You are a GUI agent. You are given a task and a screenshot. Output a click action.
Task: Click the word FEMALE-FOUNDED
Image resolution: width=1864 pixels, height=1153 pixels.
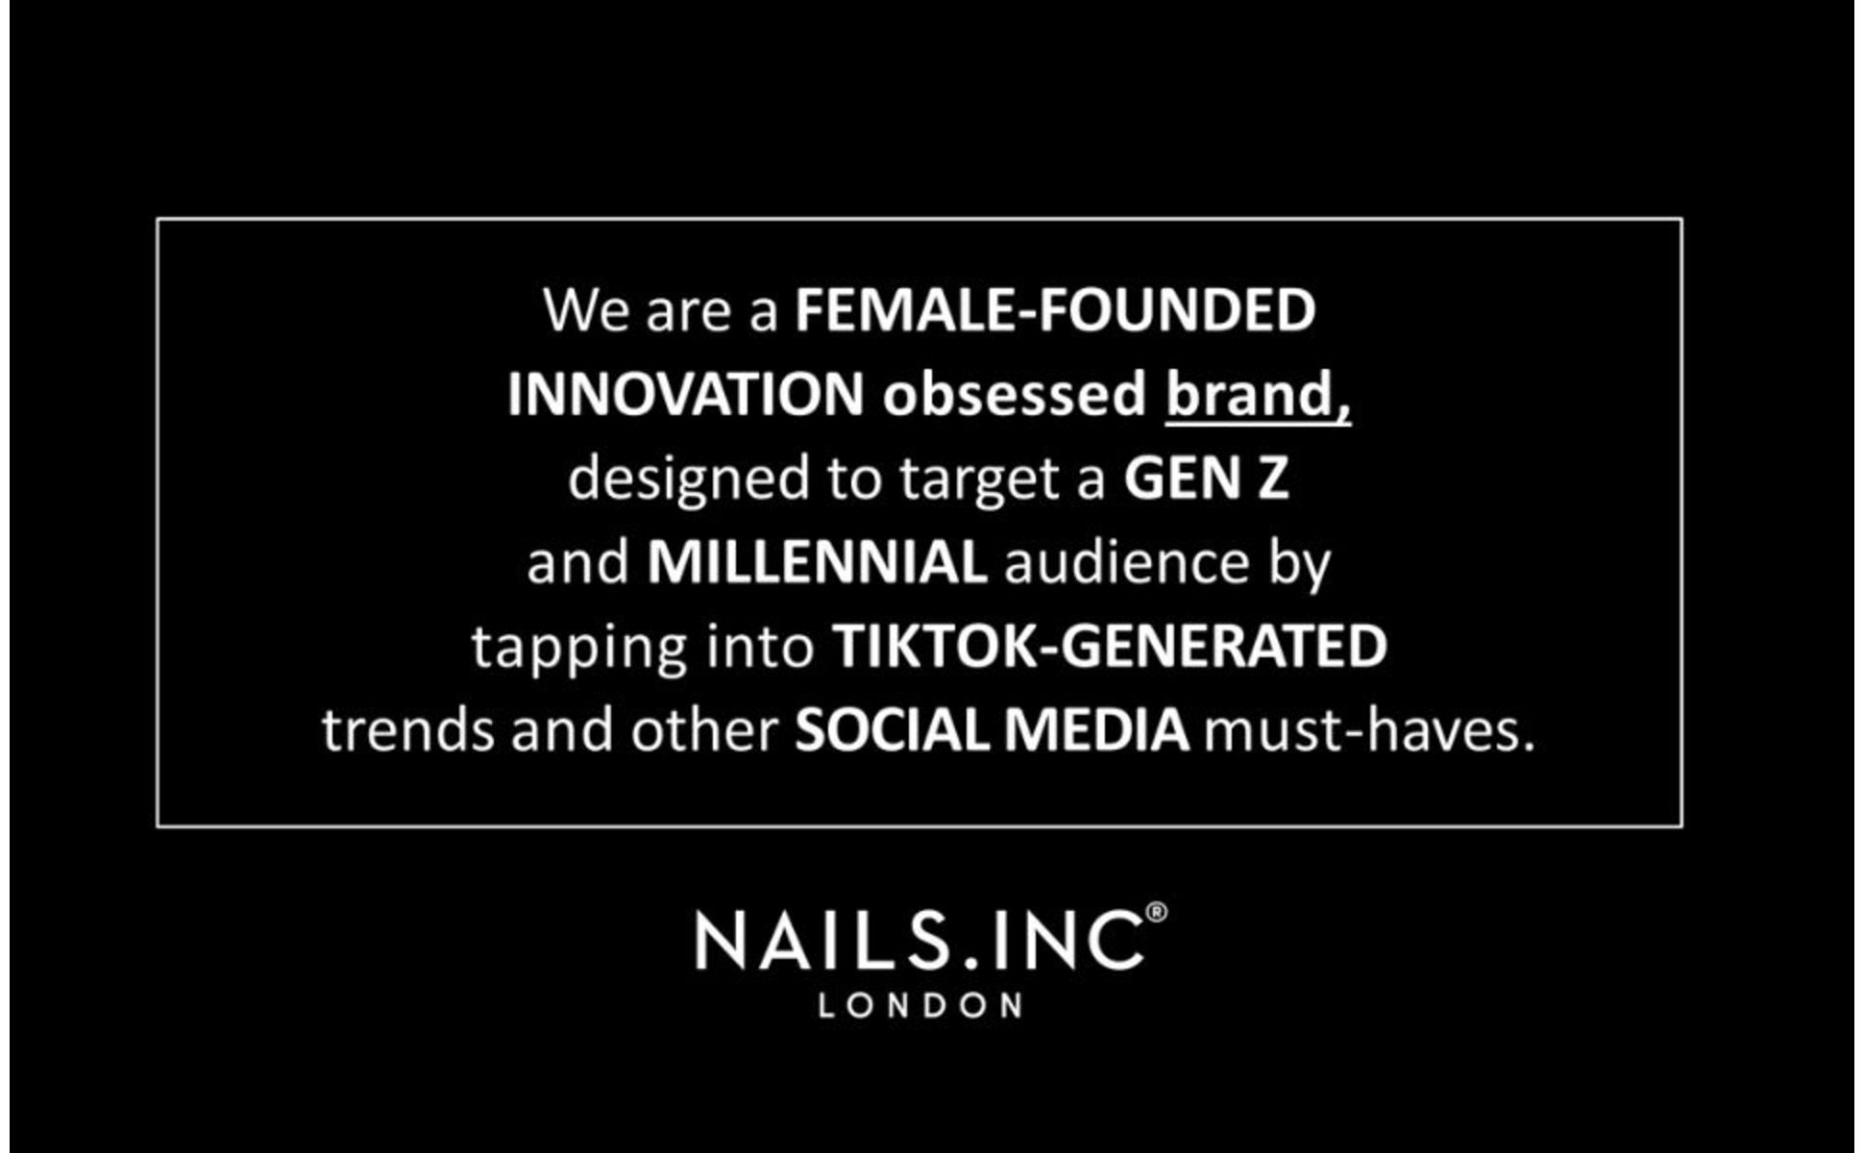(1055, 310)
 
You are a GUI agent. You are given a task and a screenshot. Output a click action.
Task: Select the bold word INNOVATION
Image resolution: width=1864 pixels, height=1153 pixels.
(686, 395)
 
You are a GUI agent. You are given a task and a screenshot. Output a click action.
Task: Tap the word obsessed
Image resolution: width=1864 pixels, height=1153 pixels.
(1015, 395)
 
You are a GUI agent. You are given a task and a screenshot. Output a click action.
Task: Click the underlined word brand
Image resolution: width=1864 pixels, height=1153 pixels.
(1258, 395)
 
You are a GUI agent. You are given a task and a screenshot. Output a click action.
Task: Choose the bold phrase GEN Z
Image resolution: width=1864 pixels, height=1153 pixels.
(1206, 478)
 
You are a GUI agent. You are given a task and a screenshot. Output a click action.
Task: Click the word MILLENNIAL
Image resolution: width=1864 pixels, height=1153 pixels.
(817, 562)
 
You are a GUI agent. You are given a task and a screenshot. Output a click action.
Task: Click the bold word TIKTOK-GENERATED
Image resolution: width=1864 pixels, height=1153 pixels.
(1110, 647)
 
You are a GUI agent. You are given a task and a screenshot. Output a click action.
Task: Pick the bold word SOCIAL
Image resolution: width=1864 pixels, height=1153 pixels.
(891, 730)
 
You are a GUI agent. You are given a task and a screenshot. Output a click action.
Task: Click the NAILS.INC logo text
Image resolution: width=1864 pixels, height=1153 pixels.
(920, 941)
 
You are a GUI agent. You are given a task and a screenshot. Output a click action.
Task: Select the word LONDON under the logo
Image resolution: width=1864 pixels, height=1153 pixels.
(920, 1006)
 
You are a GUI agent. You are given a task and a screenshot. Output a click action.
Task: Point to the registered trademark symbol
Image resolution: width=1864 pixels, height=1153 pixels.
(1157, 912)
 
